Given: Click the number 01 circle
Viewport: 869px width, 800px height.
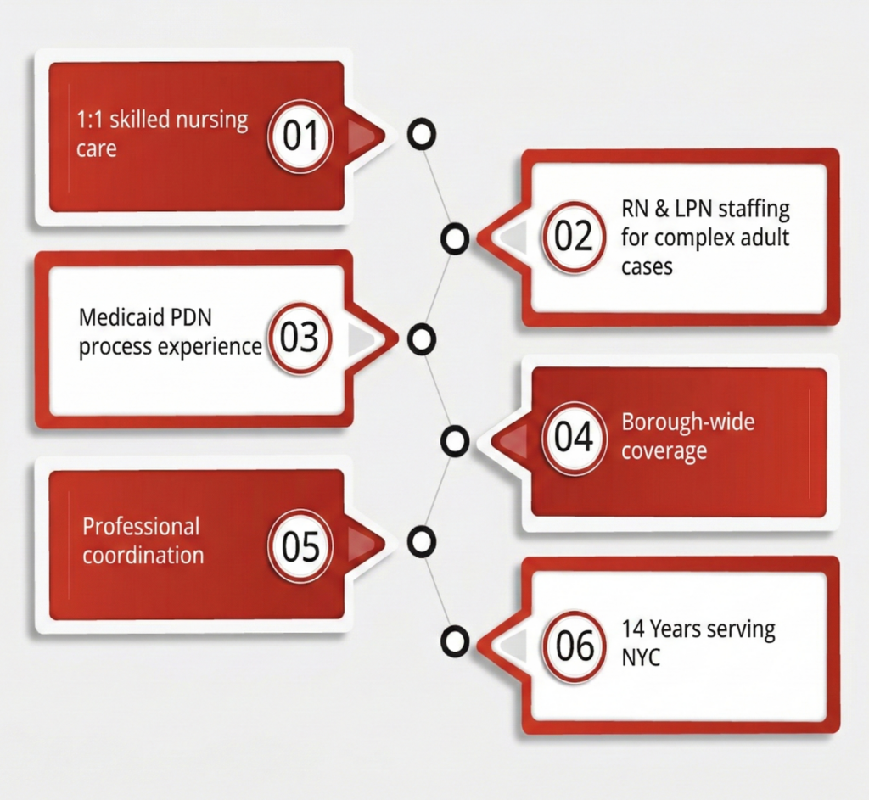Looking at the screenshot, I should click(299, 136).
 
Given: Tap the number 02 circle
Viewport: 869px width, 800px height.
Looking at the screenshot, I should click(575, 237).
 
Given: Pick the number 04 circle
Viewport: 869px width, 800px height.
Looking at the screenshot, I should click(575, 438).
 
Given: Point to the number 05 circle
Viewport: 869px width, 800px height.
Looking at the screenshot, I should click(300, 546).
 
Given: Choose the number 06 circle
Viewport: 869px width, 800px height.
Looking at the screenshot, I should click(575, 646).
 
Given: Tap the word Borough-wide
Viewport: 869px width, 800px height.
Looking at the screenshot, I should click(687, 422).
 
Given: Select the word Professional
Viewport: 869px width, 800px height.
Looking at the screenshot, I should click(141, 526).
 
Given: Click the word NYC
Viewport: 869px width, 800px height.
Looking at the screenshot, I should click(641, 657).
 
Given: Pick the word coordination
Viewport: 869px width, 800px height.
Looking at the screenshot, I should click(143, 556).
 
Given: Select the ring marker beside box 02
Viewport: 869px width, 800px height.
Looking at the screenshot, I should click(456, 239).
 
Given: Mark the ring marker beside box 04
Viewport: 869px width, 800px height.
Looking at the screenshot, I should click(456, 440).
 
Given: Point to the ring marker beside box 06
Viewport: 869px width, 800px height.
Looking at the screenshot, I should click(456, 641).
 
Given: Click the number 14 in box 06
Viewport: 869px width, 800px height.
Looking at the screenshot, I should click(632, 630).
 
